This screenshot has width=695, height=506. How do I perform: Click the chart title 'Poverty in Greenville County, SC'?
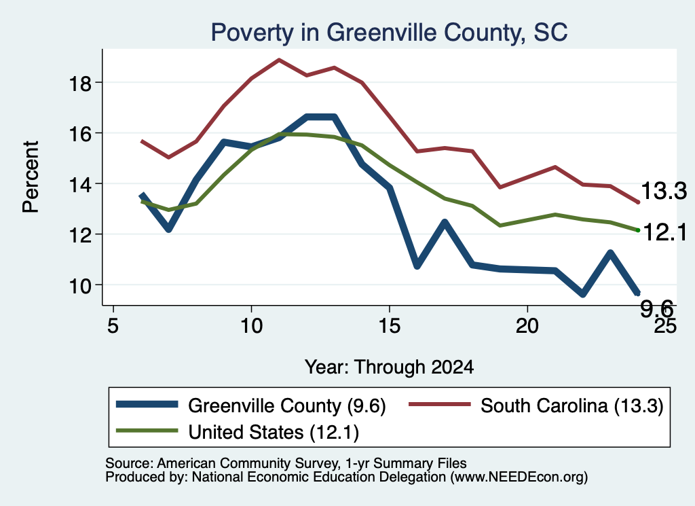pyautogui.click(x=389, y=33)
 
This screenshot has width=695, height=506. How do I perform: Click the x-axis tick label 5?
pyautogui.click(x=113, y=326)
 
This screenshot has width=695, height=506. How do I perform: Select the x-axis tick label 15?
pyautogui.click(x=389, y=326)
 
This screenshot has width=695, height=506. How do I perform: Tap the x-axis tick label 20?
pyautogui.click(x=527, y=326)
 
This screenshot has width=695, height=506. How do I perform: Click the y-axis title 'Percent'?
pyautogui.click(x=31, y=177)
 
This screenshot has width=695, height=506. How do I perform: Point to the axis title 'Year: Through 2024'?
pyautogui.click(x=389, y=367)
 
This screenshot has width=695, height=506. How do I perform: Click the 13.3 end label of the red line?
pyautogui.click(x=664, y=191)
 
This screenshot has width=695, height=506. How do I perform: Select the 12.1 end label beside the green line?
pyautogui.click(x=664, y=232)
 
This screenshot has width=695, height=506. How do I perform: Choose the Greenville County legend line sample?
pyautogui.click(x=147, y=404)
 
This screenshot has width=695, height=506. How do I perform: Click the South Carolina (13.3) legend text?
pyautogui.click(x=571, y=405)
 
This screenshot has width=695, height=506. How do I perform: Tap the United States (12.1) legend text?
pyautogui.click(x=274, y=433)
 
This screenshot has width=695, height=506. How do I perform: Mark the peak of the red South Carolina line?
pyautogui.click(x=279, y=59)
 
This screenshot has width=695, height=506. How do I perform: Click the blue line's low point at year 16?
pyautogui.click(x=417, y=265)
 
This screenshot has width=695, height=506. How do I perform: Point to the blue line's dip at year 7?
pyautogui.click(x=168, y=229)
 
